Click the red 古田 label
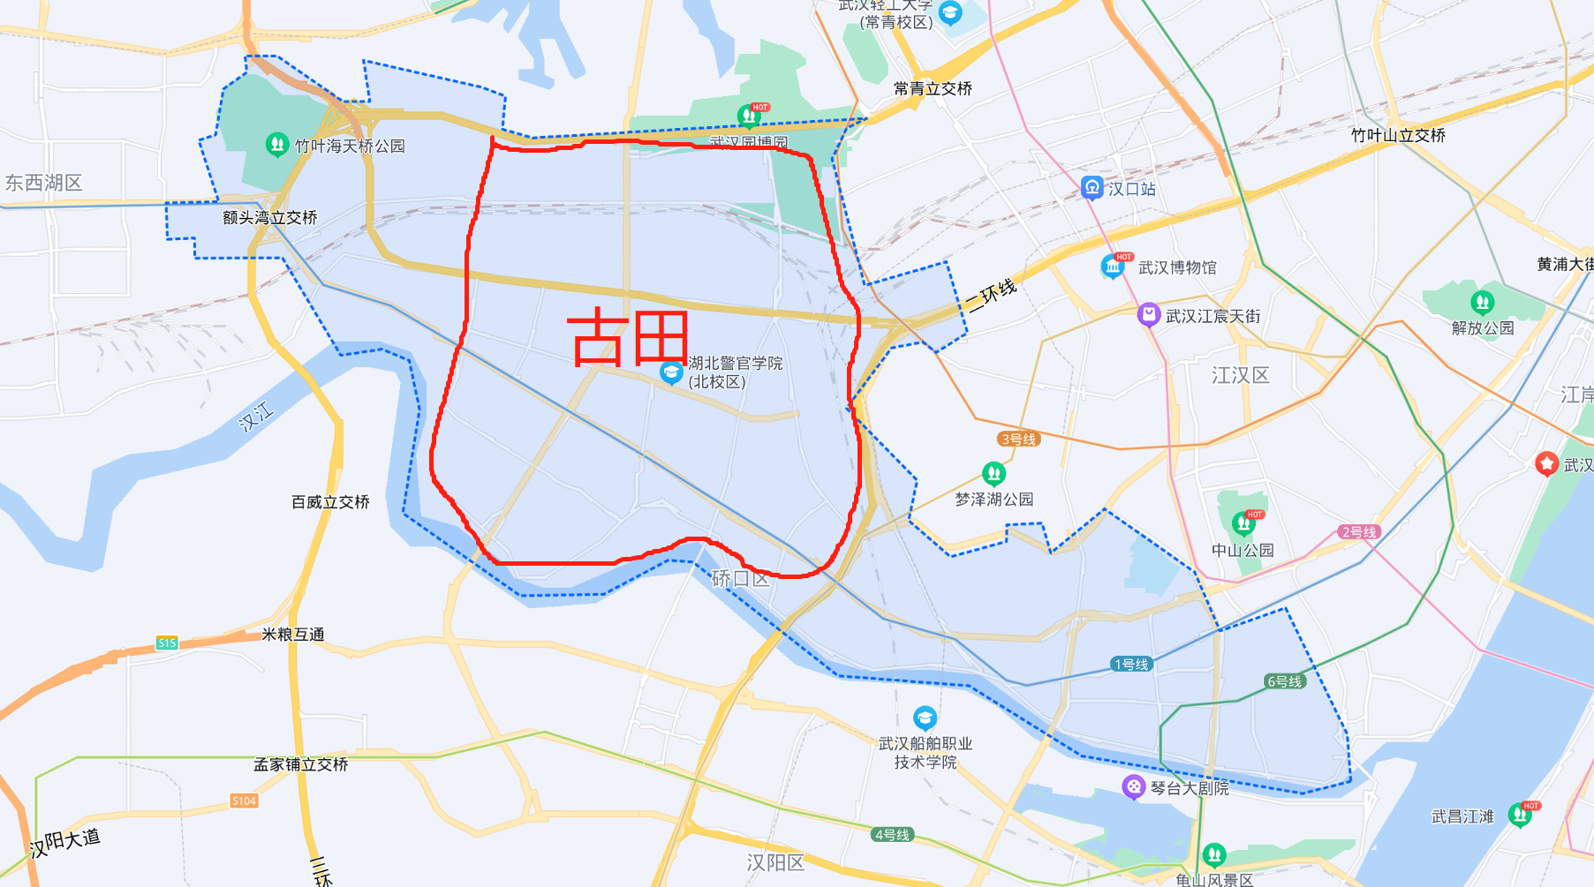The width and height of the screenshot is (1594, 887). [628, 338]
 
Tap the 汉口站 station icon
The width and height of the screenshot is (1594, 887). [1092, 187]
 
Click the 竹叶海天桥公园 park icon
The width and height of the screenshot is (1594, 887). [276, 144]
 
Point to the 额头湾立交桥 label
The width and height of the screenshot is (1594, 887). [269, 217]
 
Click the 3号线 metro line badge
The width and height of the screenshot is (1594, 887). [1018, 439]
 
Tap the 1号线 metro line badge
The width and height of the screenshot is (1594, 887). [1131, 664]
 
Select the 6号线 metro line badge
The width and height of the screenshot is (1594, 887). [1284, 680]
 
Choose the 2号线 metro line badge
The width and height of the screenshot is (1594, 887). [1359, 531]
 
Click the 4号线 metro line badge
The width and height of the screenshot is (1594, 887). [892, 834]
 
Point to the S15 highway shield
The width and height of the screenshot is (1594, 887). [167, 643]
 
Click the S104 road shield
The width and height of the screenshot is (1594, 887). [244, 801]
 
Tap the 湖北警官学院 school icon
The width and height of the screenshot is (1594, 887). [671, 372]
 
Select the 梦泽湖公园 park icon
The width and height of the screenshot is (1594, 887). [993, 474]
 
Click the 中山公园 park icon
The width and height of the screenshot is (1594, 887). [1243, 524]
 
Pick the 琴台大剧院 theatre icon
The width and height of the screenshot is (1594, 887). [1133, 786]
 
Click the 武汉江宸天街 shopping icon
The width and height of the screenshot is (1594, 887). [1148, 314]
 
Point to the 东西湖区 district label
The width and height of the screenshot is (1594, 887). [44, 183]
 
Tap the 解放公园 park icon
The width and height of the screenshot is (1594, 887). [1482, 303]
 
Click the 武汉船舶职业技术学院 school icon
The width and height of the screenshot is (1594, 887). [925, 717]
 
